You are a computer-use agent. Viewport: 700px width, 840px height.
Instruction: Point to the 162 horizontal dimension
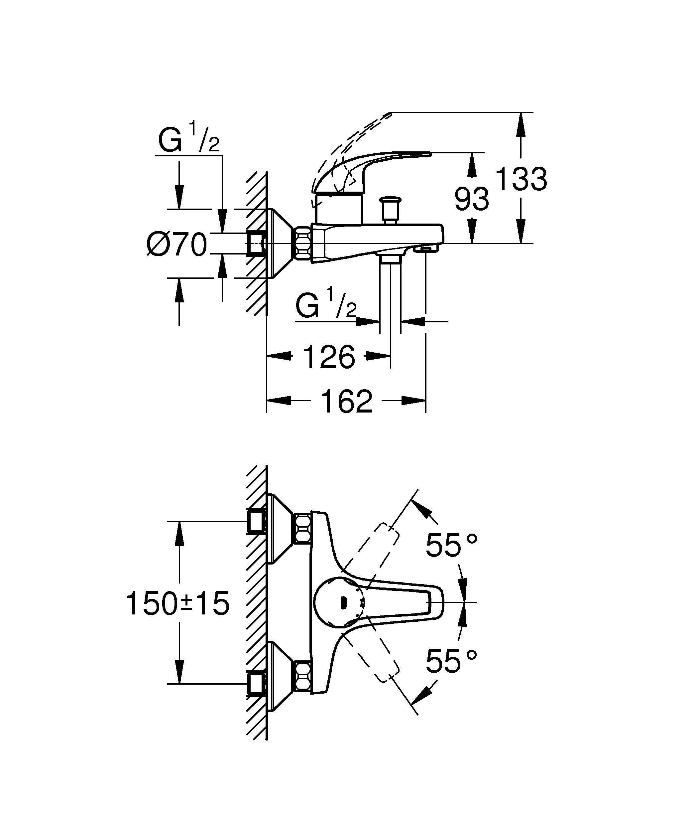click(x=346, y=401)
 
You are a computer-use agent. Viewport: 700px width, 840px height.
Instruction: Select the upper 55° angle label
click(x=451, y=545)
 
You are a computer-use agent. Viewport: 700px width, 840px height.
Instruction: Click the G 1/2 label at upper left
click(x=188, y=139)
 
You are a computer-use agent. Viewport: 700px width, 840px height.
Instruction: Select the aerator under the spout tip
click(x=426, y=250)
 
